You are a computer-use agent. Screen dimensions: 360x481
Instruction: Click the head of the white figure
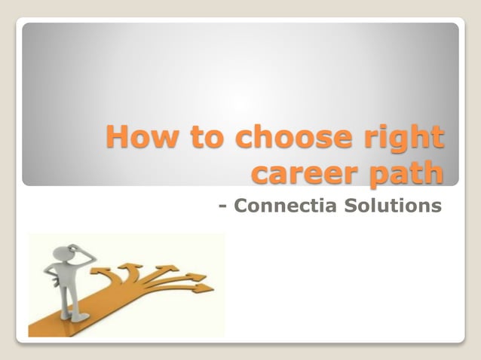[x=63, y=252]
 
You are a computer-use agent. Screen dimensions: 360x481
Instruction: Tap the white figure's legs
[x=71, y=302]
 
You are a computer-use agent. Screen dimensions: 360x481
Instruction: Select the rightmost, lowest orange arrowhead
[x=204, y=287]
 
